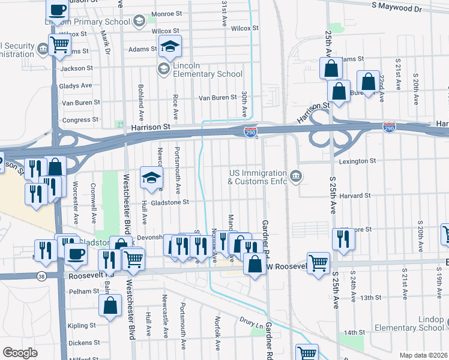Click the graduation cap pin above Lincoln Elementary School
pos(170,46)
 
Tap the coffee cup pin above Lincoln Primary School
pos(58,10)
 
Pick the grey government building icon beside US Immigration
pos(296,176)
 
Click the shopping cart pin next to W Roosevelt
pos(318,262)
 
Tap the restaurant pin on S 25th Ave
pos(343,238)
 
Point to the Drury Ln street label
pos(251,323)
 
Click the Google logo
pos(20,353)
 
